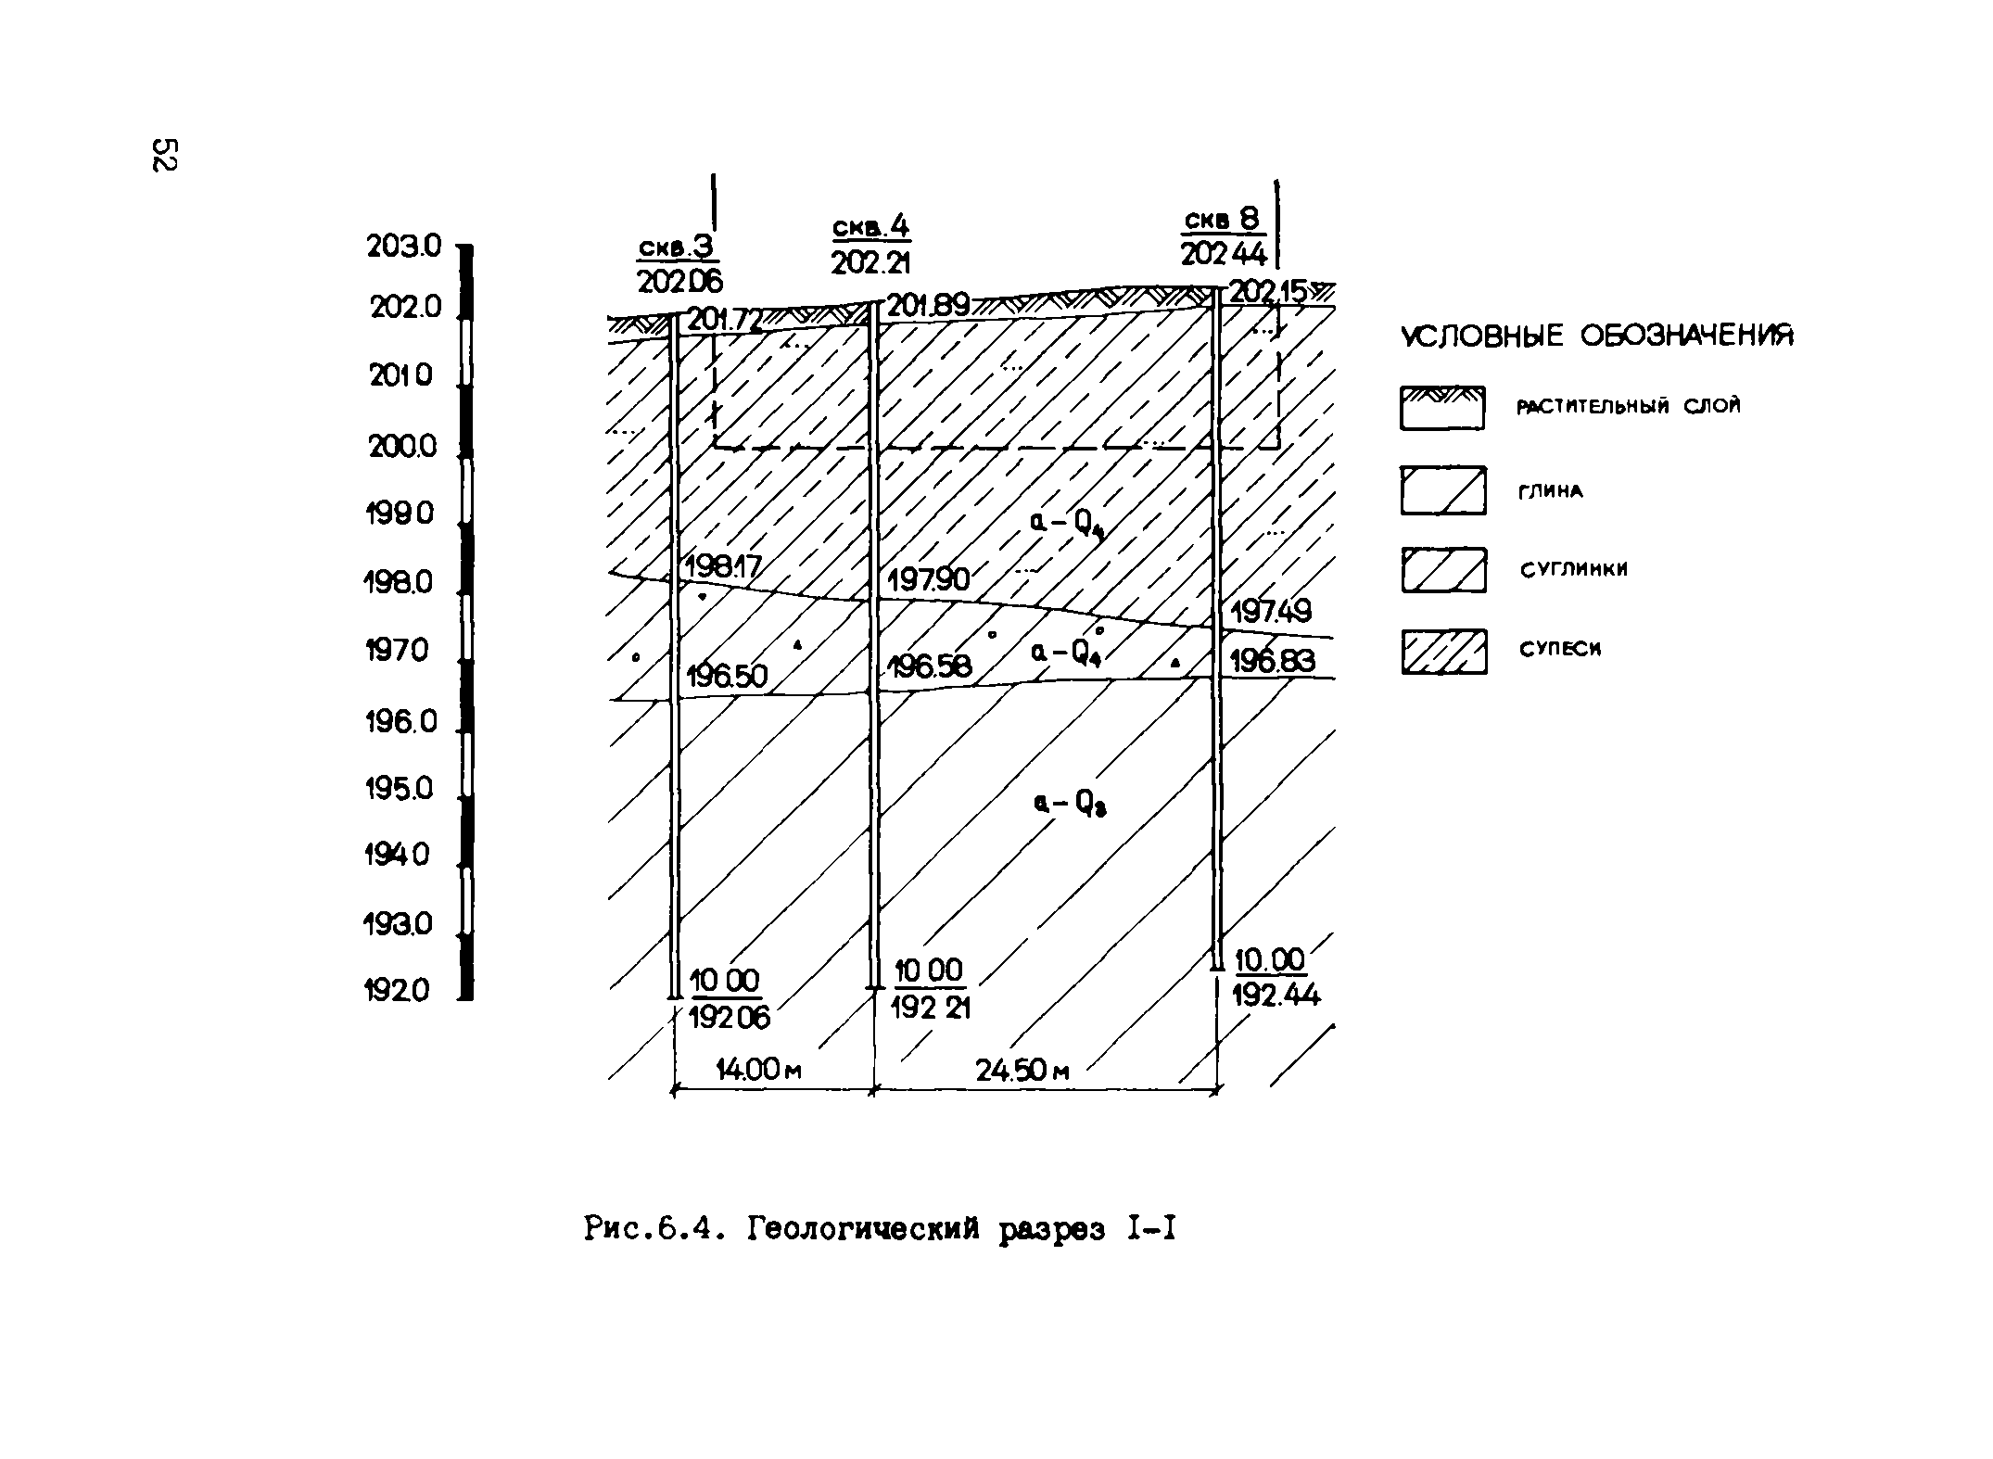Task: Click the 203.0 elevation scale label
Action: pos(404,247)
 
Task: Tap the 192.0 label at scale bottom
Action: pos(398,991)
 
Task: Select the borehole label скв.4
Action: pos(870,227)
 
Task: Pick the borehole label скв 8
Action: pos(1223,220)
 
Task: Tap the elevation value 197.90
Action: pos(928,580)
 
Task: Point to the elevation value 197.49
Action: pos(1271,612)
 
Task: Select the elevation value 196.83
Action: pos(1273,661)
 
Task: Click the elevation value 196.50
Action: pos(727,677)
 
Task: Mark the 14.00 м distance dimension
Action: pos(758,1070)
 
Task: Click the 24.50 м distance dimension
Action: pos(1022,1071)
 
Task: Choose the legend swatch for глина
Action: pos(1442,490)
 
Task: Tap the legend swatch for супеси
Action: pos(1443,651)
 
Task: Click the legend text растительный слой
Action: pos(1628,406)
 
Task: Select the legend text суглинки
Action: pos(1573,570)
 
